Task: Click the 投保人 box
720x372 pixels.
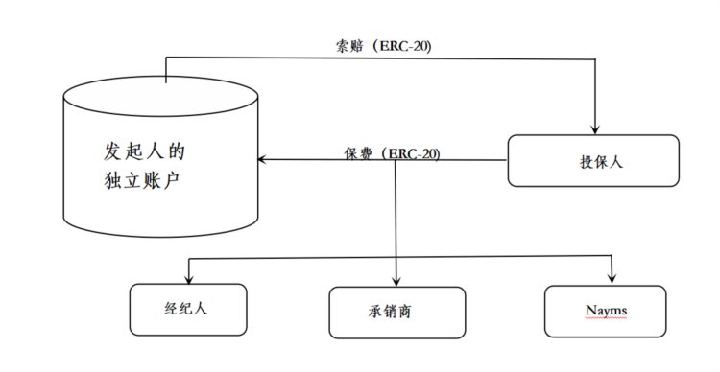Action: [592, 160]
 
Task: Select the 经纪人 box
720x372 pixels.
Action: [188, 309]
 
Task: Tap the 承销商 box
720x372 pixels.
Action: [396, 313]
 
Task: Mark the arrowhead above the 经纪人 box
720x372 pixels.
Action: [188, 278]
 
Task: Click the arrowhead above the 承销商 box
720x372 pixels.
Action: [396, 281]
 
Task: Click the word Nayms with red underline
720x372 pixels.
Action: [605, 310]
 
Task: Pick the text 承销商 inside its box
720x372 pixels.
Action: [396, 313]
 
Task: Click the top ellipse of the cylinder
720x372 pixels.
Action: [160, 95]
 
